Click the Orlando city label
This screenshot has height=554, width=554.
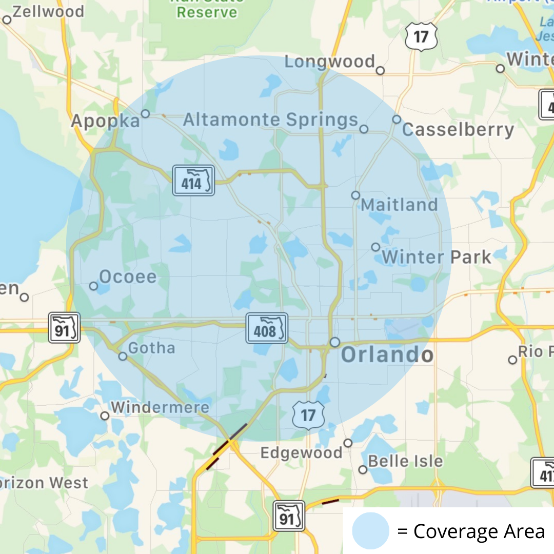pos(387,355)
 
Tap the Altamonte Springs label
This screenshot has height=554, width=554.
pos(270,120)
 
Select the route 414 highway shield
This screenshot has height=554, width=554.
pos(193,180)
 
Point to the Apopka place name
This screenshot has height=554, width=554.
pos(105,121)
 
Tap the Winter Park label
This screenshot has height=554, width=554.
pos(437,257)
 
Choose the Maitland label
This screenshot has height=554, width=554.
pos(400,205)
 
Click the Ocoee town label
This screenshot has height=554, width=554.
pos(128,277)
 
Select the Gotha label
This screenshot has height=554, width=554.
pos(151,348)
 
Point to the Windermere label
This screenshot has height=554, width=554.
pos(160,408)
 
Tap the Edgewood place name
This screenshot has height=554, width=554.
pos(302,453)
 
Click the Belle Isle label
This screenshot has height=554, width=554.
pos(405,461)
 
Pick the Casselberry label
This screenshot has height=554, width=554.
pos(458,130)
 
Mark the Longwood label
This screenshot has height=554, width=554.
pos(330,62)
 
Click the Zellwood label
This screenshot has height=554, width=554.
pos(48,11)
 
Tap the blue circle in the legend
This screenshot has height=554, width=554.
pos(370,531)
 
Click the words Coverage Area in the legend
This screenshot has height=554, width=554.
pos(479,531)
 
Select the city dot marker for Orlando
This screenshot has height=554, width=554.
pos(335,342)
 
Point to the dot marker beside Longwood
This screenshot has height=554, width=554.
pos(380,71)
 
